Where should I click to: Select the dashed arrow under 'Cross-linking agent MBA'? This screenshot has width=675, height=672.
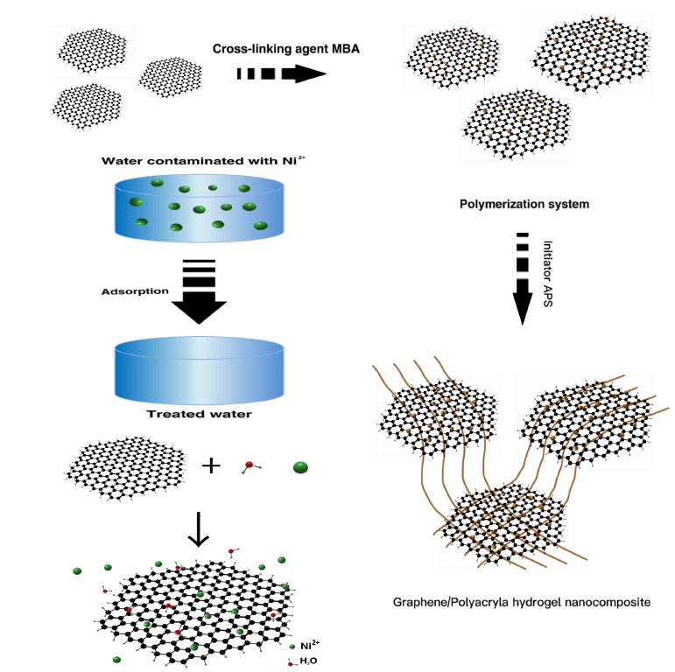pyautogui.click(x=281, y=74)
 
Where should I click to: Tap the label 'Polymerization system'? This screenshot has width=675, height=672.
pyautogui.click(x=524, y=204)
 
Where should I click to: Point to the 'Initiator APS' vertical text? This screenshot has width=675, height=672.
pyautogui.click(x=549, y=272)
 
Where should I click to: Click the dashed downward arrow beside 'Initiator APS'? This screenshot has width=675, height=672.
pyautogui.click(x=523, y=278)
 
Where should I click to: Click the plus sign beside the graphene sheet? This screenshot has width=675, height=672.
pyautogui.click(x=211, y=465)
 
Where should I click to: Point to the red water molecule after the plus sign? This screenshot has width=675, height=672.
pyautogui.click(x=250, y=465)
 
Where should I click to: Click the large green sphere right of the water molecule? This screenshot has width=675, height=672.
pyautogui.click(x=300, y=467)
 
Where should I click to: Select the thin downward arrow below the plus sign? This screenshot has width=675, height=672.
pyautogui.click(x=200, y=528)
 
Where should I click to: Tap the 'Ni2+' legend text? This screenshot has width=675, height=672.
pyautogui.click(x=311, y=646)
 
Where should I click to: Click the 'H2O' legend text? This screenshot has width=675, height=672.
pyautogui.click(x=309, y=661)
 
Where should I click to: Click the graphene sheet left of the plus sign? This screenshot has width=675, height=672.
pyautogui.click(x=126, y=463)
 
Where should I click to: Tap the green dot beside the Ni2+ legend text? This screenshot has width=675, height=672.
pyautogui.click(x=292, y=646)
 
